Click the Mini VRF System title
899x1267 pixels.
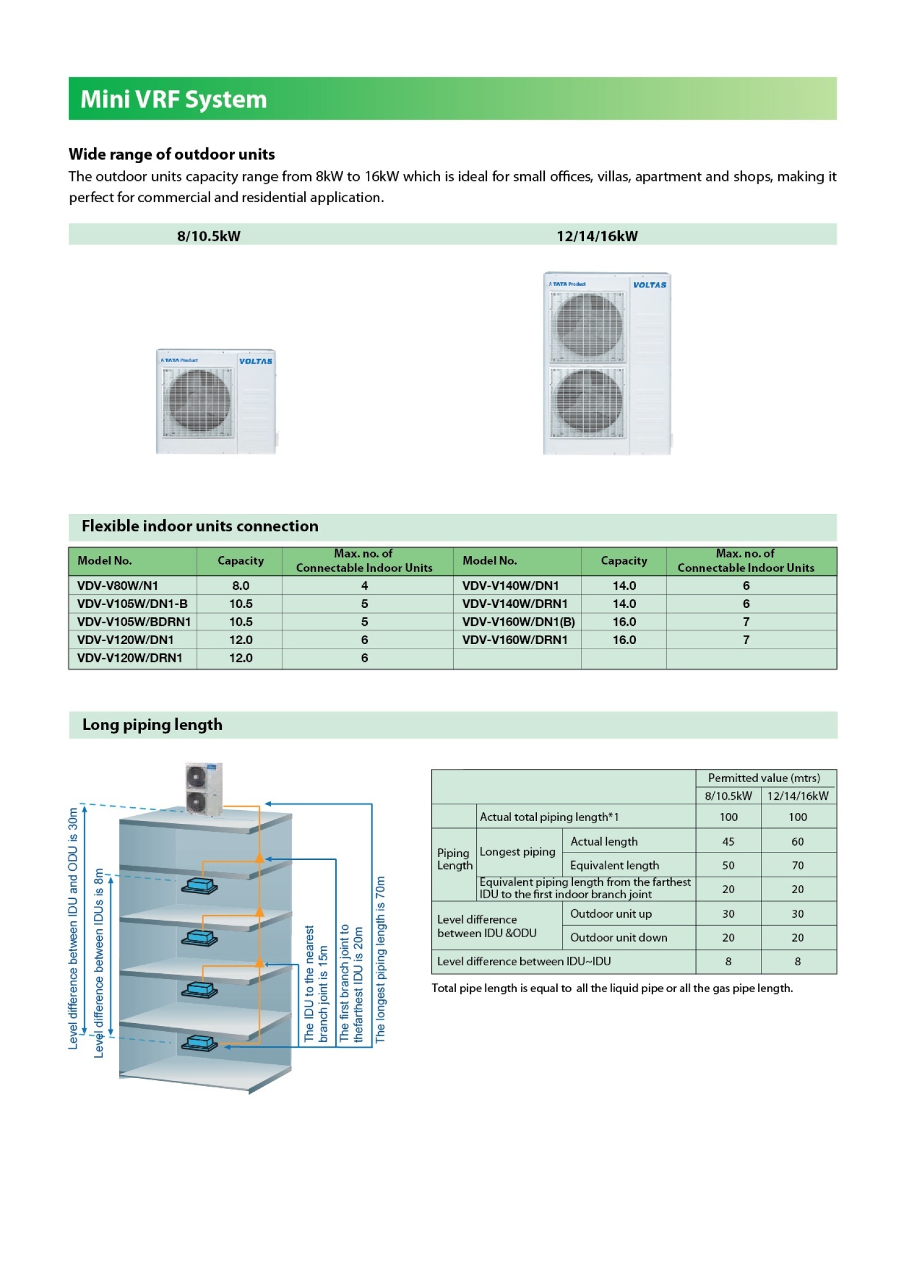[173, 99]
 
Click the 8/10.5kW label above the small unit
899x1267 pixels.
[208, 235]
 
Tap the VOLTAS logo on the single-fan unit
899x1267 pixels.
[255, 361]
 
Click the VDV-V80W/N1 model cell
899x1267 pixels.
[117, 585]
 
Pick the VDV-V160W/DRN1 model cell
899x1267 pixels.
[514, 640]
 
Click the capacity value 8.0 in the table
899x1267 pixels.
[240, 585]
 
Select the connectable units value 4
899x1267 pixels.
[364, 585]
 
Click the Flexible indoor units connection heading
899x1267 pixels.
[199, 526]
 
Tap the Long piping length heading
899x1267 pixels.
[152, 724]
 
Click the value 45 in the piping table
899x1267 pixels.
[728, 841]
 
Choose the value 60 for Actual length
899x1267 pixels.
[797, 841]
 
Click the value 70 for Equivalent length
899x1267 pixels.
[797, 865]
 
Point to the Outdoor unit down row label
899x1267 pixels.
[618, 937]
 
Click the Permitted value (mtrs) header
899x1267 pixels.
[763, 777]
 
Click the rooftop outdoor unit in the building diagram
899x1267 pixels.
[203, 788]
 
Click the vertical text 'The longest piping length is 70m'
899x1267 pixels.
[380, 958]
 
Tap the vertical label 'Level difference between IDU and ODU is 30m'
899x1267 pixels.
[73, 927]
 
